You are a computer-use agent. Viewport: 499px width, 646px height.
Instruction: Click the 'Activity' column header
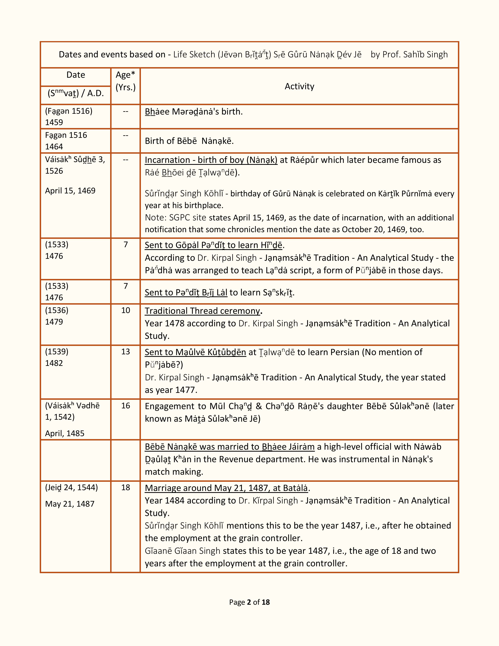click(x=299, y=86)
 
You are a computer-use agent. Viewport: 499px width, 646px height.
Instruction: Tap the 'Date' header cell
click(x=76, y=75)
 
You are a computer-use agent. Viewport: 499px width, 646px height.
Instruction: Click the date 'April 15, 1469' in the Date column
click(x=70, y=191)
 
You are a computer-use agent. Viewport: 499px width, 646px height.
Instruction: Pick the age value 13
click(x=126, y=352)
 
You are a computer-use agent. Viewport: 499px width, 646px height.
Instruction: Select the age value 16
click(x=126, y=406)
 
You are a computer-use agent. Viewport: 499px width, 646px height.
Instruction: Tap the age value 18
click(x=126, y=487)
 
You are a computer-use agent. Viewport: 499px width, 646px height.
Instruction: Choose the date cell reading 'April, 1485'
click(x=65, y=433)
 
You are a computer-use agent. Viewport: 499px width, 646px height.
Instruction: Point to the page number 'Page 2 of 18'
click(x=249, y=602)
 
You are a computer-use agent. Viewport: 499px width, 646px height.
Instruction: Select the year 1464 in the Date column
click(x=54, y=146)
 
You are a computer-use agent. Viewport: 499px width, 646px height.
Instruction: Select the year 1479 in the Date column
click(x=54, y=322)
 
